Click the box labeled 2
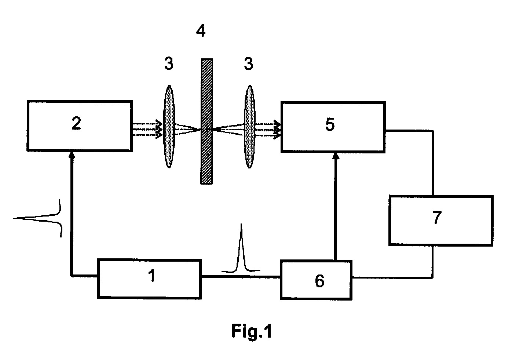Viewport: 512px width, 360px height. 80,126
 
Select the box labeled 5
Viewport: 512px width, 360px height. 333,127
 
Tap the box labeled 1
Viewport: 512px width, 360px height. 150,279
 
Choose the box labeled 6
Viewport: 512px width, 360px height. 316,280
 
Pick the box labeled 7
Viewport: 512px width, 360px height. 441,221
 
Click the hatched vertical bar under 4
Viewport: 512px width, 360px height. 206,121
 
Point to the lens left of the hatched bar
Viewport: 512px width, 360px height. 169,127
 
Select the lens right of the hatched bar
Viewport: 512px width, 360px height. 250,127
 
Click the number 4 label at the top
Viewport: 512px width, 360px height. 201,31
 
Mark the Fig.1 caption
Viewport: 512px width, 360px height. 252,331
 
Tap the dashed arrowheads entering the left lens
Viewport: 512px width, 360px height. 159,129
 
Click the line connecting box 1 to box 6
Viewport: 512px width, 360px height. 241,277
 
